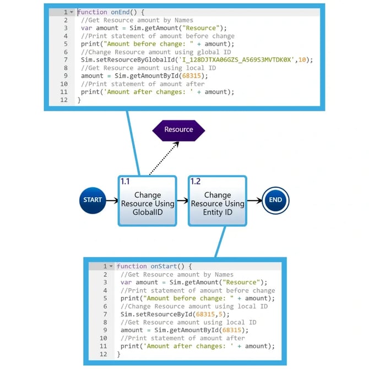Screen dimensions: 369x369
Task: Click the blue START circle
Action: (93, 200)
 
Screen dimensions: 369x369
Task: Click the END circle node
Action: (275, 200)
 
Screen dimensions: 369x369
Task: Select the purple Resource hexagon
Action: (178, 129)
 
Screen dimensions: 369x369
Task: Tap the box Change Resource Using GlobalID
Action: (147, 204)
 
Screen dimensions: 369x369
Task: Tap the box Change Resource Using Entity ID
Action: (218, 204)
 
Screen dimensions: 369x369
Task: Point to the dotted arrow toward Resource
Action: (164, 158)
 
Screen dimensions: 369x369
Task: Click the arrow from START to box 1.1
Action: (111, 200)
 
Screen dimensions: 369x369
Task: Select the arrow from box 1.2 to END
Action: (254, 200)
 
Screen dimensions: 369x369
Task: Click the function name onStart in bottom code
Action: (165, 266)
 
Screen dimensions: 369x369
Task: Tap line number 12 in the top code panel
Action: (64, 100)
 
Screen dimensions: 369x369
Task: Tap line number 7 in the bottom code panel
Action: (105, 314)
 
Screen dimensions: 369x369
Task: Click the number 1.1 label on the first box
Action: (125, 181)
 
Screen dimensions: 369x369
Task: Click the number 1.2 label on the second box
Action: (196, 181)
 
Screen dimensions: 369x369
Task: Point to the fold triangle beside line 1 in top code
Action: (72, 12)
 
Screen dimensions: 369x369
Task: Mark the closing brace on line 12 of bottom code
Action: (118, 354)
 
